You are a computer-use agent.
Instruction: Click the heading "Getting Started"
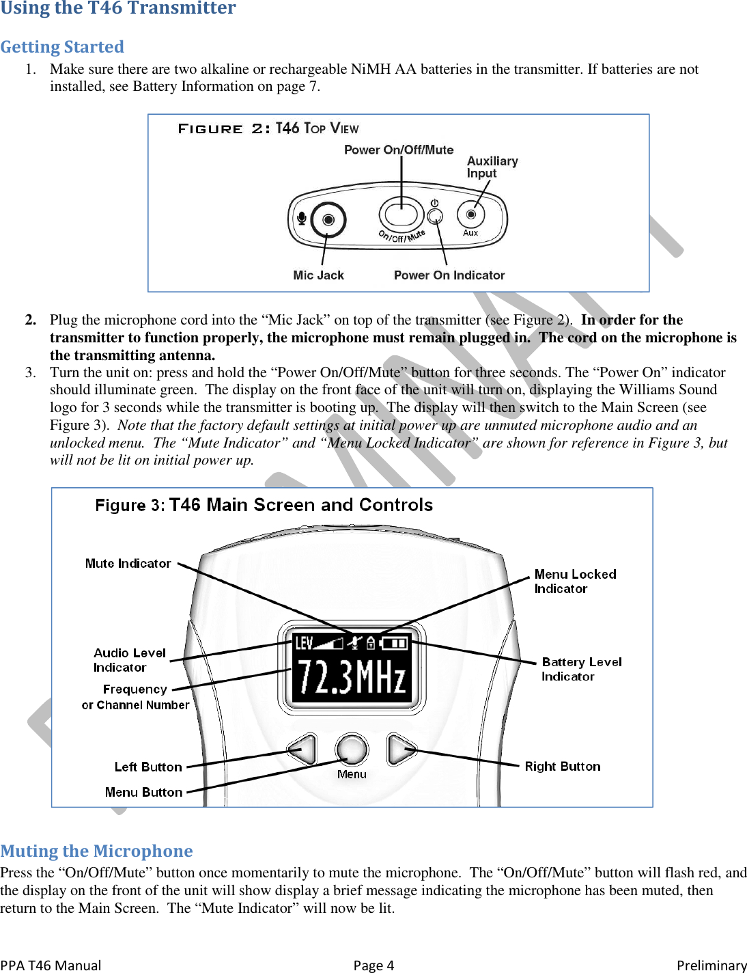click(62, 47)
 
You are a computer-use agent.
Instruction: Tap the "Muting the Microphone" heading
click(96, 851)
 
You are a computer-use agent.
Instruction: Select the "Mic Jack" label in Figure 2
click(318, 275)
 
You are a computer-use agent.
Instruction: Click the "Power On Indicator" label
click(449, 275)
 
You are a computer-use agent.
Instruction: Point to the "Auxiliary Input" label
click(492, 167)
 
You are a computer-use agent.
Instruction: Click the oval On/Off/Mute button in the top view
click(401, 215)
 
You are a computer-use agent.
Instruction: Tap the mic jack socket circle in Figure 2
click(328, 220)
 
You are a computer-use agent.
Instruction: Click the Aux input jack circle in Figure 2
click(470, 215)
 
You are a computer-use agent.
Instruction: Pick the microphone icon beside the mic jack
click(301, 219)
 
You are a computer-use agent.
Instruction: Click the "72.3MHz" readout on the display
click(352, 677)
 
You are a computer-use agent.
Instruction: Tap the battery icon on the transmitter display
click(394, 643)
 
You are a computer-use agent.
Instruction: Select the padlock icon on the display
click(371, 643)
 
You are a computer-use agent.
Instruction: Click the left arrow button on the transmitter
click(303, 750)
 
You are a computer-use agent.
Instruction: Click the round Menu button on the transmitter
click(352, 749)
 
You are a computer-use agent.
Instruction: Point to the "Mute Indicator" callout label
click(128, 564)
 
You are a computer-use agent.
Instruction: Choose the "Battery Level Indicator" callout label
click(581, 669)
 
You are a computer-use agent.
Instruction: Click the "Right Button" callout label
click(563, 767)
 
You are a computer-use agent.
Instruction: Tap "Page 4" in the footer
click(373, 965)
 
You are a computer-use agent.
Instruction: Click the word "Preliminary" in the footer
click(711, 965)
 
